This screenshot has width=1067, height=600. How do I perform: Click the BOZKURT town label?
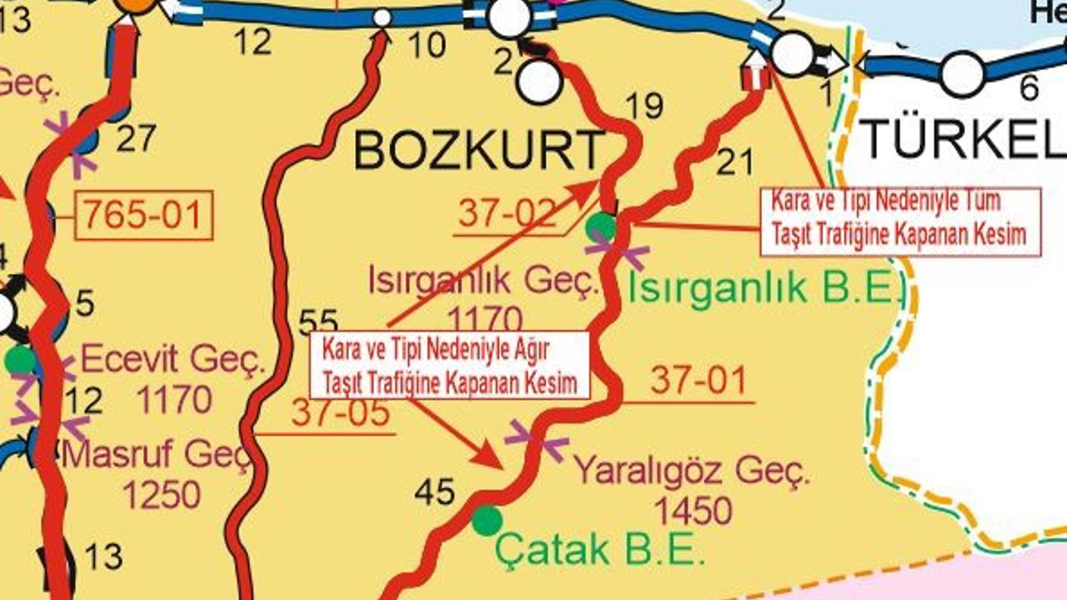pos(478,151)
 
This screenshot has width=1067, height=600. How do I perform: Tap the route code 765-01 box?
pos(143,216)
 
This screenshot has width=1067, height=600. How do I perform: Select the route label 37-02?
pos(506,214)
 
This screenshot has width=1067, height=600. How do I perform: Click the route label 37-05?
pos(340,412)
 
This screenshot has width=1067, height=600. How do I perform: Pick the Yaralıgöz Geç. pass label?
pos(692,472)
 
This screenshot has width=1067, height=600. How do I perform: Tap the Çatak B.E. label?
pos(599,549)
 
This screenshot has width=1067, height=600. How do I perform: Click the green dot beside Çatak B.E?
pos(487,521)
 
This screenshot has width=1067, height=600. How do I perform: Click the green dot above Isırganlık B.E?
pos(600,226)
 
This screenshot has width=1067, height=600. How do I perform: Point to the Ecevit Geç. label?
pos(173,362)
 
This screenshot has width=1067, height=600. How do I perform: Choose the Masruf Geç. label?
pos(157,455)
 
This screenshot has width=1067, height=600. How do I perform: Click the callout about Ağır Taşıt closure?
pos(450,364)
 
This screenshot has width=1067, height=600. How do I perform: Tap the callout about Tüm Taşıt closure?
pos(900,221)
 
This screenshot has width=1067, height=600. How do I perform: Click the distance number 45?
pos(436,493)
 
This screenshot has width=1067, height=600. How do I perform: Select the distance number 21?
pos(734,162)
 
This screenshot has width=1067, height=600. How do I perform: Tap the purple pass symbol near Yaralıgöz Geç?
pos(537,441)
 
